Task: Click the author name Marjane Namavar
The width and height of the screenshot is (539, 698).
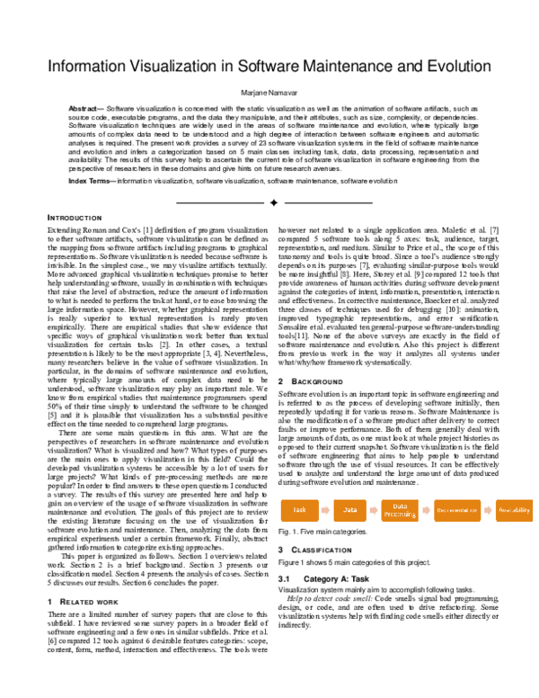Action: tap(269, 93)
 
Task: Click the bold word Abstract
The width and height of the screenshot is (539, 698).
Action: tap(84, 107)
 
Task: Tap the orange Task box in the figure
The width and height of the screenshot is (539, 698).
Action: tap(299, 510)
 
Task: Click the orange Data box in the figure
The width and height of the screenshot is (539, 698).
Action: tap(350, 510)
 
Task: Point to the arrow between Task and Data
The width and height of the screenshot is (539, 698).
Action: tap(325, 510)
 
